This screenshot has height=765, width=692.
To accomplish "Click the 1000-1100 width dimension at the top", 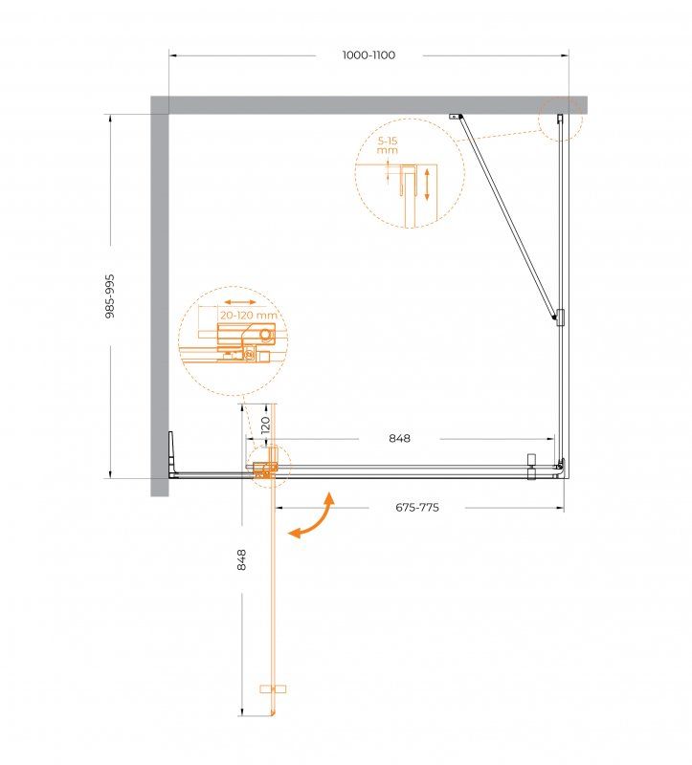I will pyautogui.click(x=368, y=55).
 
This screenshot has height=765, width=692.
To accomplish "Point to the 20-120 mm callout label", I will pyautogui.click(x=248, y=315).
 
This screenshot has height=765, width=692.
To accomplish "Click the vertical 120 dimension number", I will pyautogui.click(x=266, y=425).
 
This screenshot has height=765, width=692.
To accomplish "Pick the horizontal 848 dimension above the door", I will pyautogui.click(x=399, y=439).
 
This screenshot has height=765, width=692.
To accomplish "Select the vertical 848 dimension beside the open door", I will pyautogui.click(x=242, y=559).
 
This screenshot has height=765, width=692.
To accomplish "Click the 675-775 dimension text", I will pyautogui.click(x=417, y=508).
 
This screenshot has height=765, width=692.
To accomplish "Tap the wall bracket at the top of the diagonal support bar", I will pyautogui.click(x=458, y=118).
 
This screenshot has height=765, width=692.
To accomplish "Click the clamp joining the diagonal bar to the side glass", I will pyautogui.click(x=559, y=318).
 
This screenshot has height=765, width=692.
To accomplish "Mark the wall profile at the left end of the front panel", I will pyautogui.click(x=171, y=453).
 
